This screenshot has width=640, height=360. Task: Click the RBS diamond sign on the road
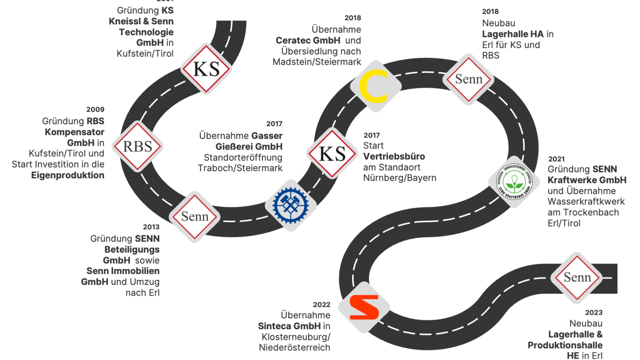coord(138,146)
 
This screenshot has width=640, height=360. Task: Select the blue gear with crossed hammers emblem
coord(291,205)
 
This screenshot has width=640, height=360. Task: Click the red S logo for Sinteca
coord(364,308)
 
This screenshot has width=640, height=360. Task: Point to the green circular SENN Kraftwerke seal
coord(514,182)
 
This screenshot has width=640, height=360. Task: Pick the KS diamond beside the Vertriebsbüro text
coord(332,154)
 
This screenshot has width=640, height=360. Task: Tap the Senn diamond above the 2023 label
coord(577,277)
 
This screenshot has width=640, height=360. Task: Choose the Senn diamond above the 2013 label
coord(195,216)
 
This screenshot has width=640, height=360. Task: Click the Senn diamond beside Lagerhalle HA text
coord(468,79)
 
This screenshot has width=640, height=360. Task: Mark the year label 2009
coord(95,110)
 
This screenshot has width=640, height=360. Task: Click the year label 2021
coord(556,159)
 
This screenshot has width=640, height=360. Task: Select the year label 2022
coord(322,305)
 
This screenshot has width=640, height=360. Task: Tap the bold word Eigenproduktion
coord(68,175)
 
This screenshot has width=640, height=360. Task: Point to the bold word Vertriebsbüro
coord(394,156)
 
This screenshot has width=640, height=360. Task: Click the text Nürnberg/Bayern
coord(400,178)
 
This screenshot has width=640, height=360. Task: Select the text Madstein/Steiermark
coord(317,62)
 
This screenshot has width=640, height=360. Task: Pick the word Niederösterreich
coord(294,348)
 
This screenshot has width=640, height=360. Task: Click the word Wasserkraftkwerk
coord(586,202)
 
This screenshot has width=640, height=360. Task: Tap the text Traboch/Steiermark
coord(240,168)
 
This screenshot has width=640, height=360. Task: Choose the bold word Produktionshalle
coord(565,345)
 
